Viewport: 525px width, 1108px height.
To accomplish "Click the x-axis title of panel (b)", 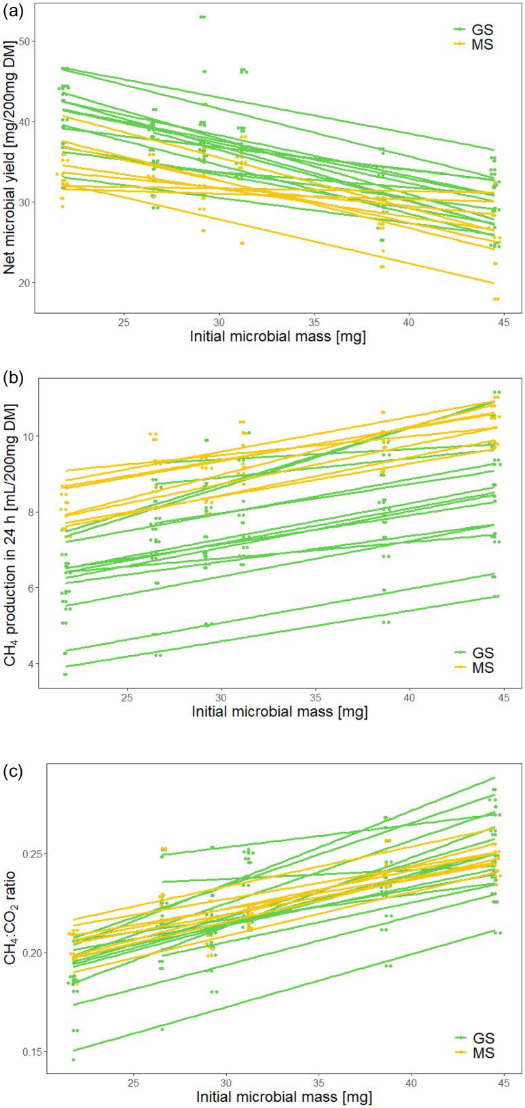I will (279, 712).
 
